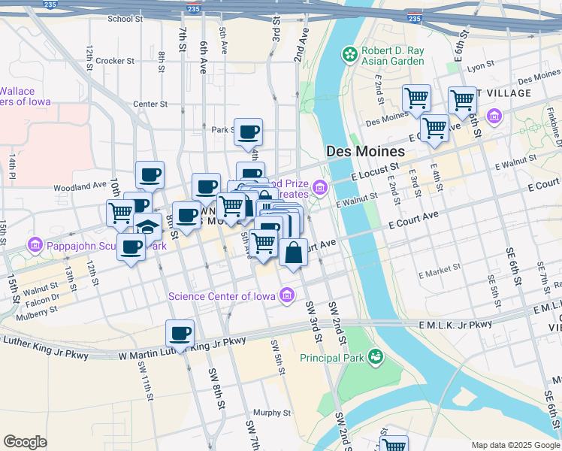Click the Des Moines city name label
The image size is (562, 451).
(x=366, y=151)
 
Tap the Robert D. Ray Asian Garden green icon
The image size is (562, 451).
(x=349, y=53)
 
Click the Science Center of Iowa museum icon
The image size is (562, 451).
(x=286, y=296)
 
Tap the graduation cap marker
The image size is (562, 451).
(x=147, y=227)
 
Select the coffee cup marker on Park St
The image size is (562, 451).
(x=248, y=132)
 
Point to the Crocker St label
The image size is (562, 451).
(x=114, y=61)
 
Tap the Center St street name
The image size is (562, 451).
(x=149, y=104)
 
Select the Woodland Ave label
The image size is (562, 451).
(x=80, y=186)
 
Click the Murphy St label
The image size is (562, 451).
(x=271, y=413)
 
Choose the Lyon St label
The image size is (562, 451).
(x=477, y=67)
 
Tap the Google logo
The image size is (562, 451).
(x=25, y=441)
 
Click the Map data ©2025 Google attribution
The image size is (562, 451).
(x=515, y=445)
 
